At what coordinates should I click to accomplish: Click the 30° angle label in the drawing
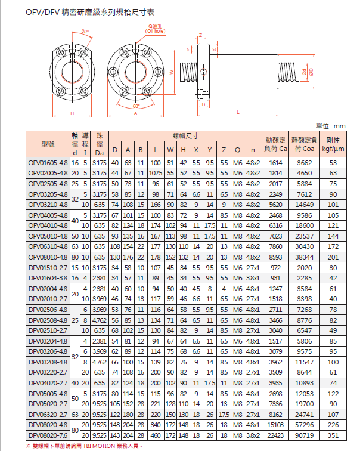point(85,30)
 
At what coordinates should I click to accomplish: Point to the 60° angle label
point(136,106)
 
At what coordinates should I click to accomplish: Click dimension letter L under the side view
point(237,112)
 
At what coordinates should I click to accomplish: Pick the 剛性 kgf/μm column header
point(333,144)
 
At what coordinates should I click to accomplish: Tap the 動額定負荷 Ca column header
point(275,144)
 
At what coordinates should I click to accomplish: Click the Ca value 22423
point(275,435)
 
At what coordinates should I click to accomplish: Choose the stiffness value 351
point(333,435)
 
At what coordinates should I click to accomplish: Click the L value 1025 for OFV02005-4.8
point(156,173)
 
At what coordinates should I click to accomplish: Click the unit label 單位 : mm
point(331,126)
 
